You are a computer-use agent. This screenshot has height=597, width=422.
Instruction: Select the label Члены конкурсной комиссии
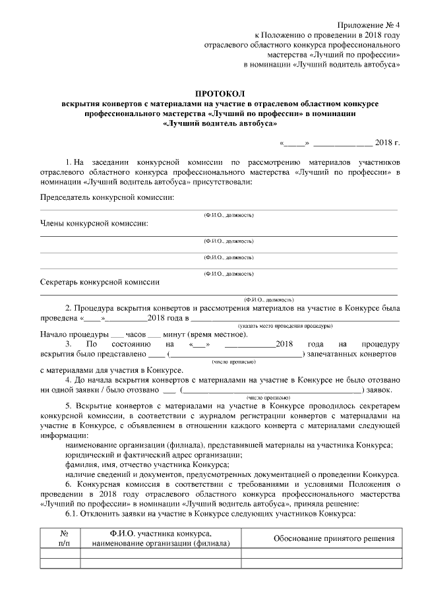tap(94, 224)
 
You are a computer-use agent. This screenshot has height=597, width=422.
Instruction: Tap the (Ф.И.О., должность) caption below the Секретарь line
tap(270, 299)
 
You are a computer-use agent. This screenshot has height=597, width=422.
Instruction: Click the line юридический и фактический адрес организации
tap(152, 455)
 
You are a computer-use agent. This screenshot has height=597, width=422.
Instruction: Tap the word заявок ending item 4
tap(382, 390)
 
